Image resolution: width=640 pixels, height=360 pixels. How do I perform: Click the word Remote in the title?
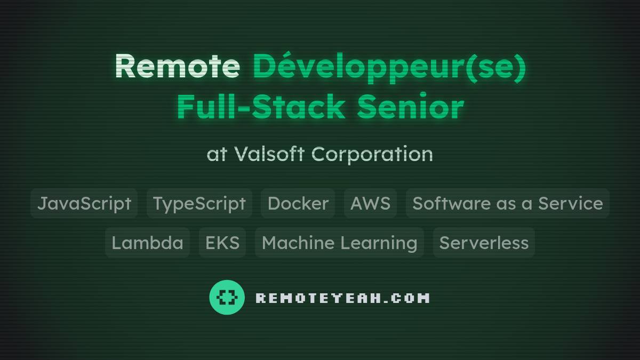pyautogui.click(x=177, y=66)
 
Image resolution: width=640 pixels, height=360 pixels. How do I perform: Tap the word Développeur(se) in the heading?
pyautogui.click(x=389, y=66)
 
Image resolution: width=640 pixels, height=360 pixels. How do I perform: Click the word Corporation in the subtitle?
pyautogui.click(x=372, y=154)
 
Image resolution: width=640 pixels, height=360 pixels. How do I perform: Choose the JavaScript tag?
pyautogui.click(x=84, y=203)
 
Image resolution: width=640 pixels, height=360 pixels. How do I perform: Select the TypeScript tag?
pyautogui.click(x=199, y=203)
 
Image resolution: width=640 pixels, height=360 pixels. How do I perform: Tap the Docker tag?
pyautogui.click(x=298, y=203)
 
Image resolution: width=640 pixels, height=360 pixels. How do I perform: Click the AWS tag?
pyautogui.click(x=370, y=203)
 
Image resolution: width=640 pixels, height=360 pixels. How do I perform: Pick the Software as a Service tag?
pyautogui.click(x=508, y=203)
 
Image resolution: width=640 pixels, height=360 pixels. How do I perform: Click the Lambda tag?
pyautogui.click(x=147, y=243)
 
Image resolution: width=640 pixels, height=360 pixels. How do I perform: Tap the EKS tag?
pyautogui.click(x=222, y=243)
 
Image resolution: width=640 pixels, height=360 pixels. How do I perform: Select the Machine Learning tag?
pyautogui.click(x=339, y=243)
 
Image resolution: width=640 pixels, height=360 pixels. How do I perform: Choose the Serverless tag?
pyautogui.click(x=484, y=243)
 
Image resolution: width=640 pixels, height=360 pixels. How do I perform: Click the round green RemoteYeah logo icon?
pyautogui.click(x=227, y=297)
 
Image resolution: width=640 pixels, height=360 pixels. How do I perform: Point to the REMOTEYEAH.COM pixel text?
pyautogui.click(x=342, y=298)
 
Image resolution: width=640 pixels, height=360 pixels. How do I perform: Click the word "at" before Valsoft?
pyautogui.click(x=217, y=154)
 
